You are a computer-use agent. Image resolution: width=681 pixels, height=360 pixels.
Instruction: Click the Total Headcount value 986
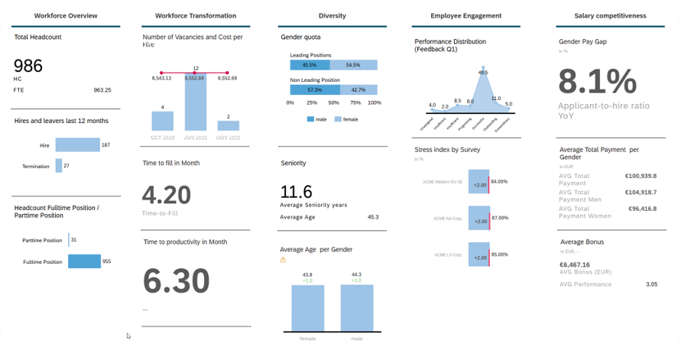pyautogui.click(x=28, y=66)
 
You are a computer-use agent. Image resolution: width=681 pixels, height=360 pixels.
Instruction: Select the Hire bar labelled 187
pyautogui.click(x=77, y=144)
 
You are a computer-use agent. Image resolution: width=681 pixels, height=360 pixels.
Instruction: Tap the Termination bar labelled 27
pyautogui.click(x=59, y=165)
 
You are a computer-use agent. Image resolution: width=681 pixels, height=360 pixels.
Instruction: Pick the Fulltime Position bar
pyautogui.click(x=84, y=261)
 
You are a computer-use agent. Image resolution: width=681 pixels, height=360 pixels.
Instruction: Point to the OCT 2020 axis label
pyautogui.click(x=162, y=137)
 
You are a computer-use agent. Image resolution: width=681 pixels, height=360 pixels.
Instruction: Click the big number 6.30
pyautogui.click(x=176, y=281)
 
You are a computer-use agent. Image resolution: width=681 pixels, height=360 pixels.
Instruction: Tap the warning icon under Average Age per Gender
pyautogui.click(x=284, y=260)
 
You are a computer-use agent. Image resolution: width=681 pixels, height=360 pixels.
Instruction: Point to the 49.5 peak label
pyautogui.click(x=482, y=73)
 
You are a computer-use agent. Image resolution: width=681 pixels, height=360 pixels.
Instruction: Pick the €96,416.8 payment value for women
pyautogui.click(x=641, y=208)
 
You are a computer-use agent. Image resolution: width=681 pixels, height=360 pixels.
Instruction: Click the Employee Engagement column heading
pyautogui.click(x=466, y=15)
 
